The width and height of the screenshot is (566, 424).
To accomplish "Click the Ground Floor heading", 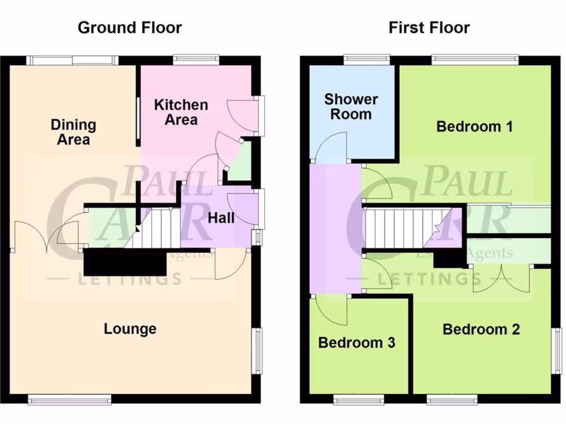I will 129,28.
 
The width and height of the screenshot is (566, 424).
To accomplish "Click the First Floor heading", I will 429,28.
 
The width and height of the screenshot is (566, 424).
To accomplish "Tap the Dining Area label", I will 74,132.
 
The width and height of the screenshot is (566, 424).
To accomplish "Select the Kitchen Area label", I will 181,112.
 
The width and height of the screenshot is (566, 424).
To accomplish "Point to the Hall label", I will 221,218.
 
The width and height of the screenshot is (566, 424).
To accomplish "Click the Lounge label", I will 130,329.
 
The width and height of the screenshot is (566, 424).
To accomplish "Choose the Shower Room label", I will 351,107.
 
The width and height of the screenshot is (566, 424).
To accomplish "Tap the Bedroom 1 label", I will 474,126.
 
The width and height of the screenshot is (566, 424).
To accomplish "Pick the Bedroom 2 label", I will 481,330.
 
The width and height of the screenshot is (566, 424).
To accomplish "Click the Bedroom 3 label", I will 357,343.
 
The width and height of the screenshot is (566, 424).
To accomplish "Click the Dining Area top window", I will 73,60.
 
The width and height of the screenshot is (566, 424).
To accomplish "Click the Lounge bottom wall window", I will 69,400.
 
